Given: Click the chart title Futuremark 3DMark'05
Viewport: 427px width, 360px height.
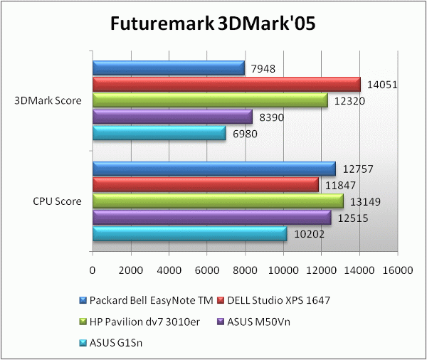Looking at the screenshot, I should click(x=213, y=23).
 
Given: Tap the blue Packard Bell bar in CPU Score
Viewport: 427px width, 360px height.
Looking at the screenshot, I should click(x=213, y=169).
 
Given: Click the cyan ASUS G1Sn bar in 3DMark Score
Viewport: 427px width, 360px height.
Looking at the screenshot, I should click(x=159, y=134).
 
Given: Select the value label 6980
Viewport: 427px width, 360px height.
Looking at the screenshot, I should click(x=246, y=134).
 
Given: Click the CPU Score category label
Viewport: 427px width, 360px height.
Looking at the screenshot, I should click(x=58, y=201).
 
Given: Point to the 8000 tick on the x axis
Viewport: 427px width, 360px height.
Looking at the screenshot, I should click(x=246, y=270).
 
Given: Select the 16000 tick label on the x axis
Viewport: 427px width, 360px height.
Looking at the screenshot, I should click(x=397, y=270).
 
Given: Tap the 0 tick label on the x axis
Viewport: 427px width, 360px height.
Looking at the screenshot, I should click(x=93, y=270).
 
